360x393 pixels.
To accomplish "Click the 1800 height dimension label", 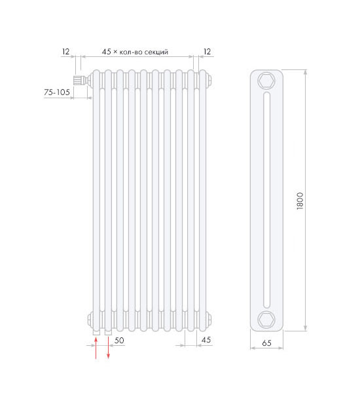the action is [300, 201].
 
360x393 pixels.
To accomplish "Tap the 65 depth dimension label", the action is [266, 343].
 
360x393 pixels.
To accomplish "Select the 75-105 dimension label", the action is [57, 92].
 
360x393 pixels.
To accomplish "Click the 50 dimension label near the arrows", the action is [119, 341].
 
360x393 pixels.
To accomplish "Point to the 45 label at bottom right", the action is [206, 340].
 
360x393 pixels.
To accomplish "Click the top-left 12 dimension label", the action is [65, 52].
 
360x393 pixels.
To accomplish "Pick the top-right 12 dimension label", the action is [207, 52].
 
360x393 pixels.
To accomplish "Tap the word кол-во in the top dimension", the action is [130, 52].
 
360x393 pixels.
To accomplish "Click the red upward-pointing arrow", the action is [96, 348].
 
